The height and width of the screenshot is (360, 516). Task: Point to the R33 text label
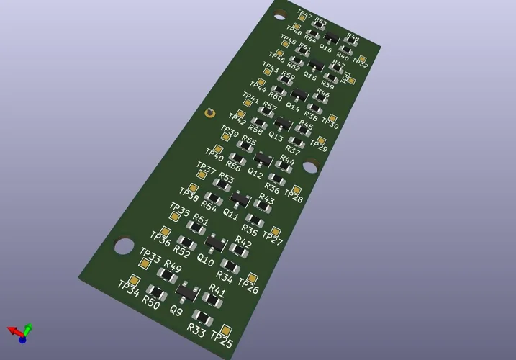(196, 330)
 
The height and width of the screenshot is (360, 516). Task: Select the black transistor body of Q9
(187, 292)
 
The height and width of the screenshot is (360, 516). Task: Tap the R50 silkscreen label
(150, 302)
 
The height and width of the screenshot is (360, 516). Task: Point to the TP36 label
(160, 240)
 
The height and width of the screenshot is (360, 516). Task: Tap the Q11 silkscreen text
(231, 214)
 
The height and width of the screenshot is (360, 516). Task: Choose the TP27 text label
(272, 237)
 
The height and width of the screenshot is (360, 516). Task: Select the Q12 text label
(255, 173)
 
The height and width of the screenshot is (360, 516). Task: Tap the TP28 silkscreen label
(292, 195)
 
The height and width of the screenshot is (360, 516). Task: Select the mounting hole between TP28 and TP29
(310, 166)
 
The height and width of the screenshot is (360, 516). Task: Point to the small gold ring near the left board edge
(209, 112)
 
